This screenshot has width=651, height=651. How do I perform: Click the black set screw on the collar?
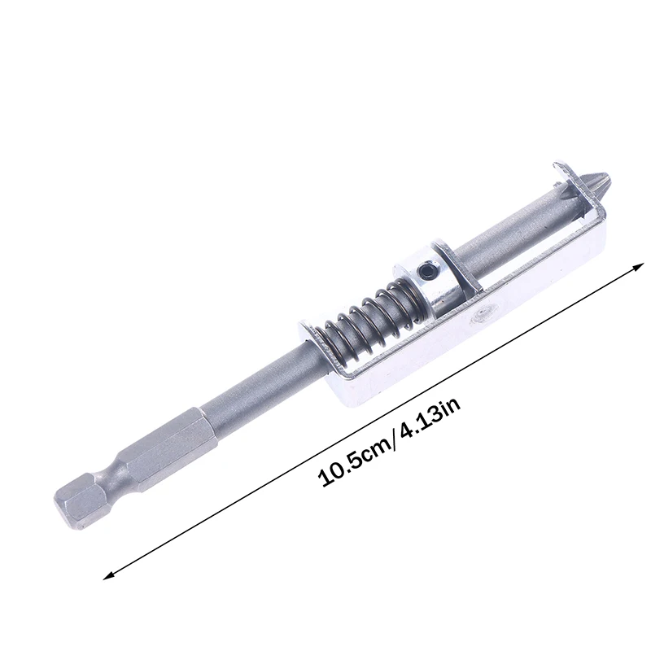click(426, 270)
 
